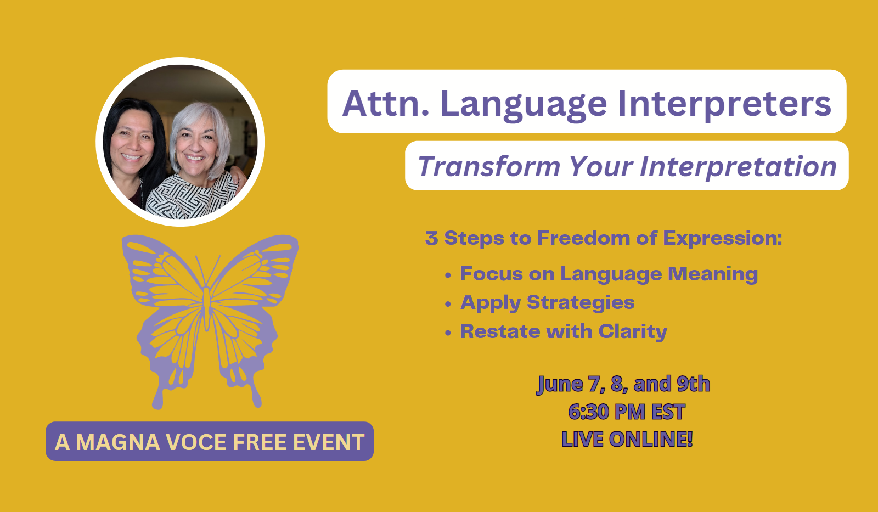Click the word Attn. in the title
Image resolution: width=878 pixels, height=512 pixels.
[x=385, y=103]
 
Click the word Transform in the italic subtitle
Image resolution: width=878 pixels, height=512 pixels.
[x=489, y=167]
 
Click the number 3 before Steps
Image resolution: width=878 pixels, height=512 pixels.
[x=431, y=238]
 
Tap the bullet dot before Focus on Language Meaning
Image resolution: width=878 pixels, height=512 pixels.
[x=448, y=275]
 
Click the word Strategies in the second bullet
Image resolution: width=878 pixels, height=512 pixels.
[x=581, y=303]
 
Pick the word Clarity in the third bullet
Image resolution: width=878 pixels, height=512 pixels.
[x=633, y=332]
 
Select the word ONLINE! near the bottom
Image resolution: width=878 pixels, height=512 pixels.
[x=651, y=439]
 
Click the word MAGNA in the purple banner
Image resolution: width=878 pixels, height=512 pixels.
[x=118, y=442]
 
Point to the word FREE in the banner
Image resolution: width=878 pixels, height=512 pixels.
[x=260, y=442]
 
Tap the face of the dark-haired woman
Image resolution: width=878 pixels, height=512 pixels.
[x=132, y=140]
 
